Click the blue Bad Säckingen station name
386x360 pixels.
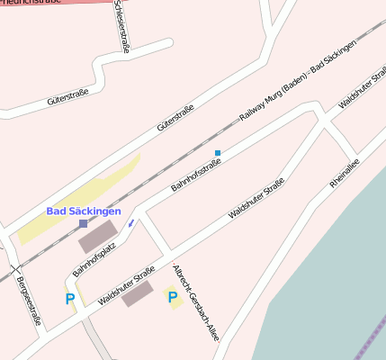83,211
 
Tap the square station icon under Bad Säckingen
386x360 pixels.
84,223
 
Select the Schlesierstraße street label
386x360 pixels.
121,26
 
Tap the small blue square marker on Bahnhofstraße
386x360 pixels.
218,153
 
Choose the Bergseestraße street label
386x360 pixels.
28,301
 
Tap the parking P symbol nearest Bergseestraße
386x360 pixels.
70,299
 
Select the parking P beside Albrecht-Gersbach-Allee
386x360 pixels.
173,296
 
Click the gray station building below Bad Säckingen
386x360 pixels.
98,236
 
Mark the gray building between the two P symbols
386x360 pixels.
138,293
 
